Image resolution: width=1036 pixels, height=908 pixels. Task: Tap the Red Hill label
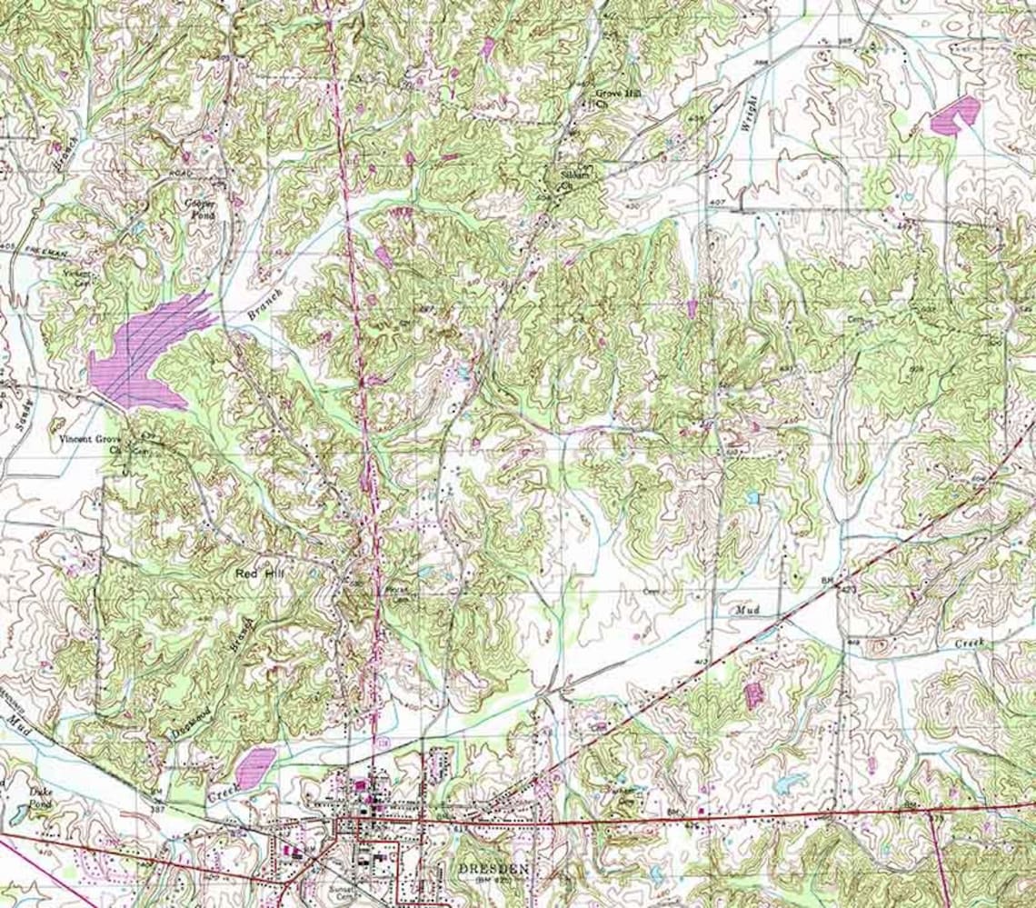coord(260,574)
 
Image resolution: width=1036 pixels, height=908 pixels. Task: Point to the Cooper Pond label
coord(198,208)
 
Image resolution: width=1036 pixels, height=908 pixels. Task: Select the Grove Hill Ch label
coord(612,97)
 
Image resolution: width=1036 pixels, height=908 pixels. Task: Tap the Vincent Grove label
coord(89,439)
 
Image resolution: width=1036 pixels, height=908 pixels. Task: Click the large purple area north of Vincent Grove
coord(145,354)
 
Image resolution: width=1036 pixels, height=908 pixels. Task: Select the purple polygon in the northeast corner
coord(954,116)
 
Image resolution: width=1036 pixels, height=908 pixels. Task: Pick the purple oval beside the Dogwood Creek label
coord(255,765)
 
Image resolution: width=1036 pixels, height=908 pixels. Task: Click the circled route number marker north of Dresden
coord(384,743)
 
